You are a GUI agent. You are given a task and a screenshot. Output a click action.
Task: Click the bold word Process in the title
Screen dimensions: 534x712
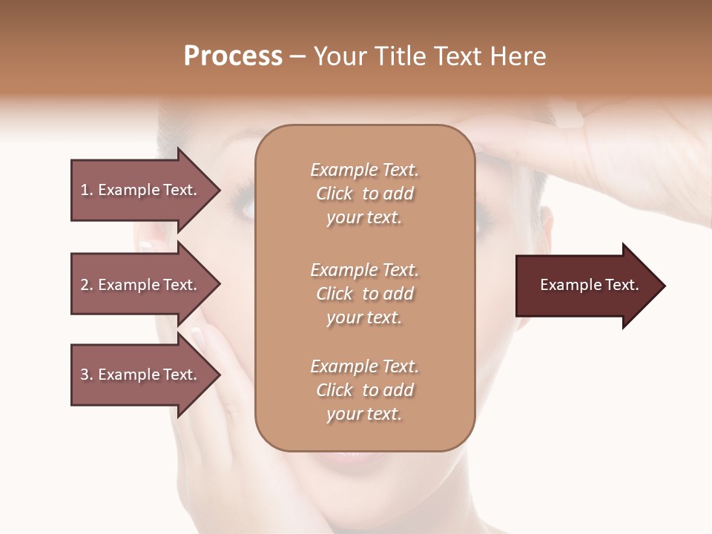tap(233, 56)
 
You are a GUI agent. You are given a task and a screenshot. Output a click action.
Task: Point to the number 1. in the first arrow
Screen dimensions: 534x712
tap(87, 190)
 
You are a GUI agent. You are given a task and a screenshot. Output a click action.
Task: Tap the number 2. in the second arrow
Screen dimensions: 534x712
tap(87, 285)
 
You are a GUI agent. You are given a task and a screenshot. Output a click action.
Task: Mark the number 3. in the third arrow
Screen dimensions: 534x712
tap(87, 375)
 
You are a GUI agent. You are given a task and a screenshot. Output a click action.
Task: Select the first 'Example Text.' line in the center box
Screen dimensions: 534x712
tap(364, 170)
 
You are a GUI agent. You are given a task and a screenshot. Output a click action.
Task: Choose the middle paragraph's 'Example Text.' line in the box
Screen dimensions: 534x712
tap(364, 269)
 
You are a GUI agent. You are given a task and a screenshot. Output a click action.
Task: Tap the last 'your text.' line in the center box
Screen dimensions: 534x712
tap(364, 415)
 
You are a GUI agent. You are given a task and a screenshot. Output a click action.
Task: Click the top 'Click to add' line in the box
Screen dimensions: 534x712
tap(364, 194)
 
